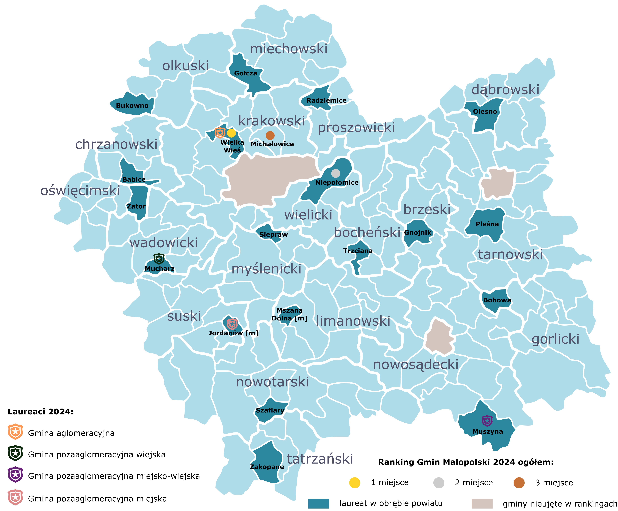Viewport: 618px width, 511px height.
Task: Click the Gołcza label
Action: (245, 73)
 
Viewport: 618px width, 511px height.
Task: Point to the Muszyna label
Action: (487, 432)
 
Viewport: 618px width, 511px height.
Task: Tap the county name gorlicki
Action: (555, 339)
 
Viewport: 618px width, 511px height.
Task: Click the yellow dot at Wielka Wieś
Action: (231, 133)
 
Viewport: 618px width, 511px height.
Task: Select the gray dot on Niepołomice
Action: (336, 173)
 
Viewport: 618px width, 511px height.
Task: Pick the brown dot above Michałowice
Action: (270, 135)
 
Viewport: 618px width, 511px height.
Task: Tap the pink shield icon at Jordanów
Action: (232, 324)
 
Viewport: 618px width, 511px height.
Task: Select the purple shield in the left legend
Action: (15, 475)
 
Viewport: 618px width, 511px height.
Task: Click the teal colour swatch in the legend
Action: (318, 503)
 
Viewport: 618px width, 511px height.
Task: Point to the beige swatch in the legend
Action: (482, 503)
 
